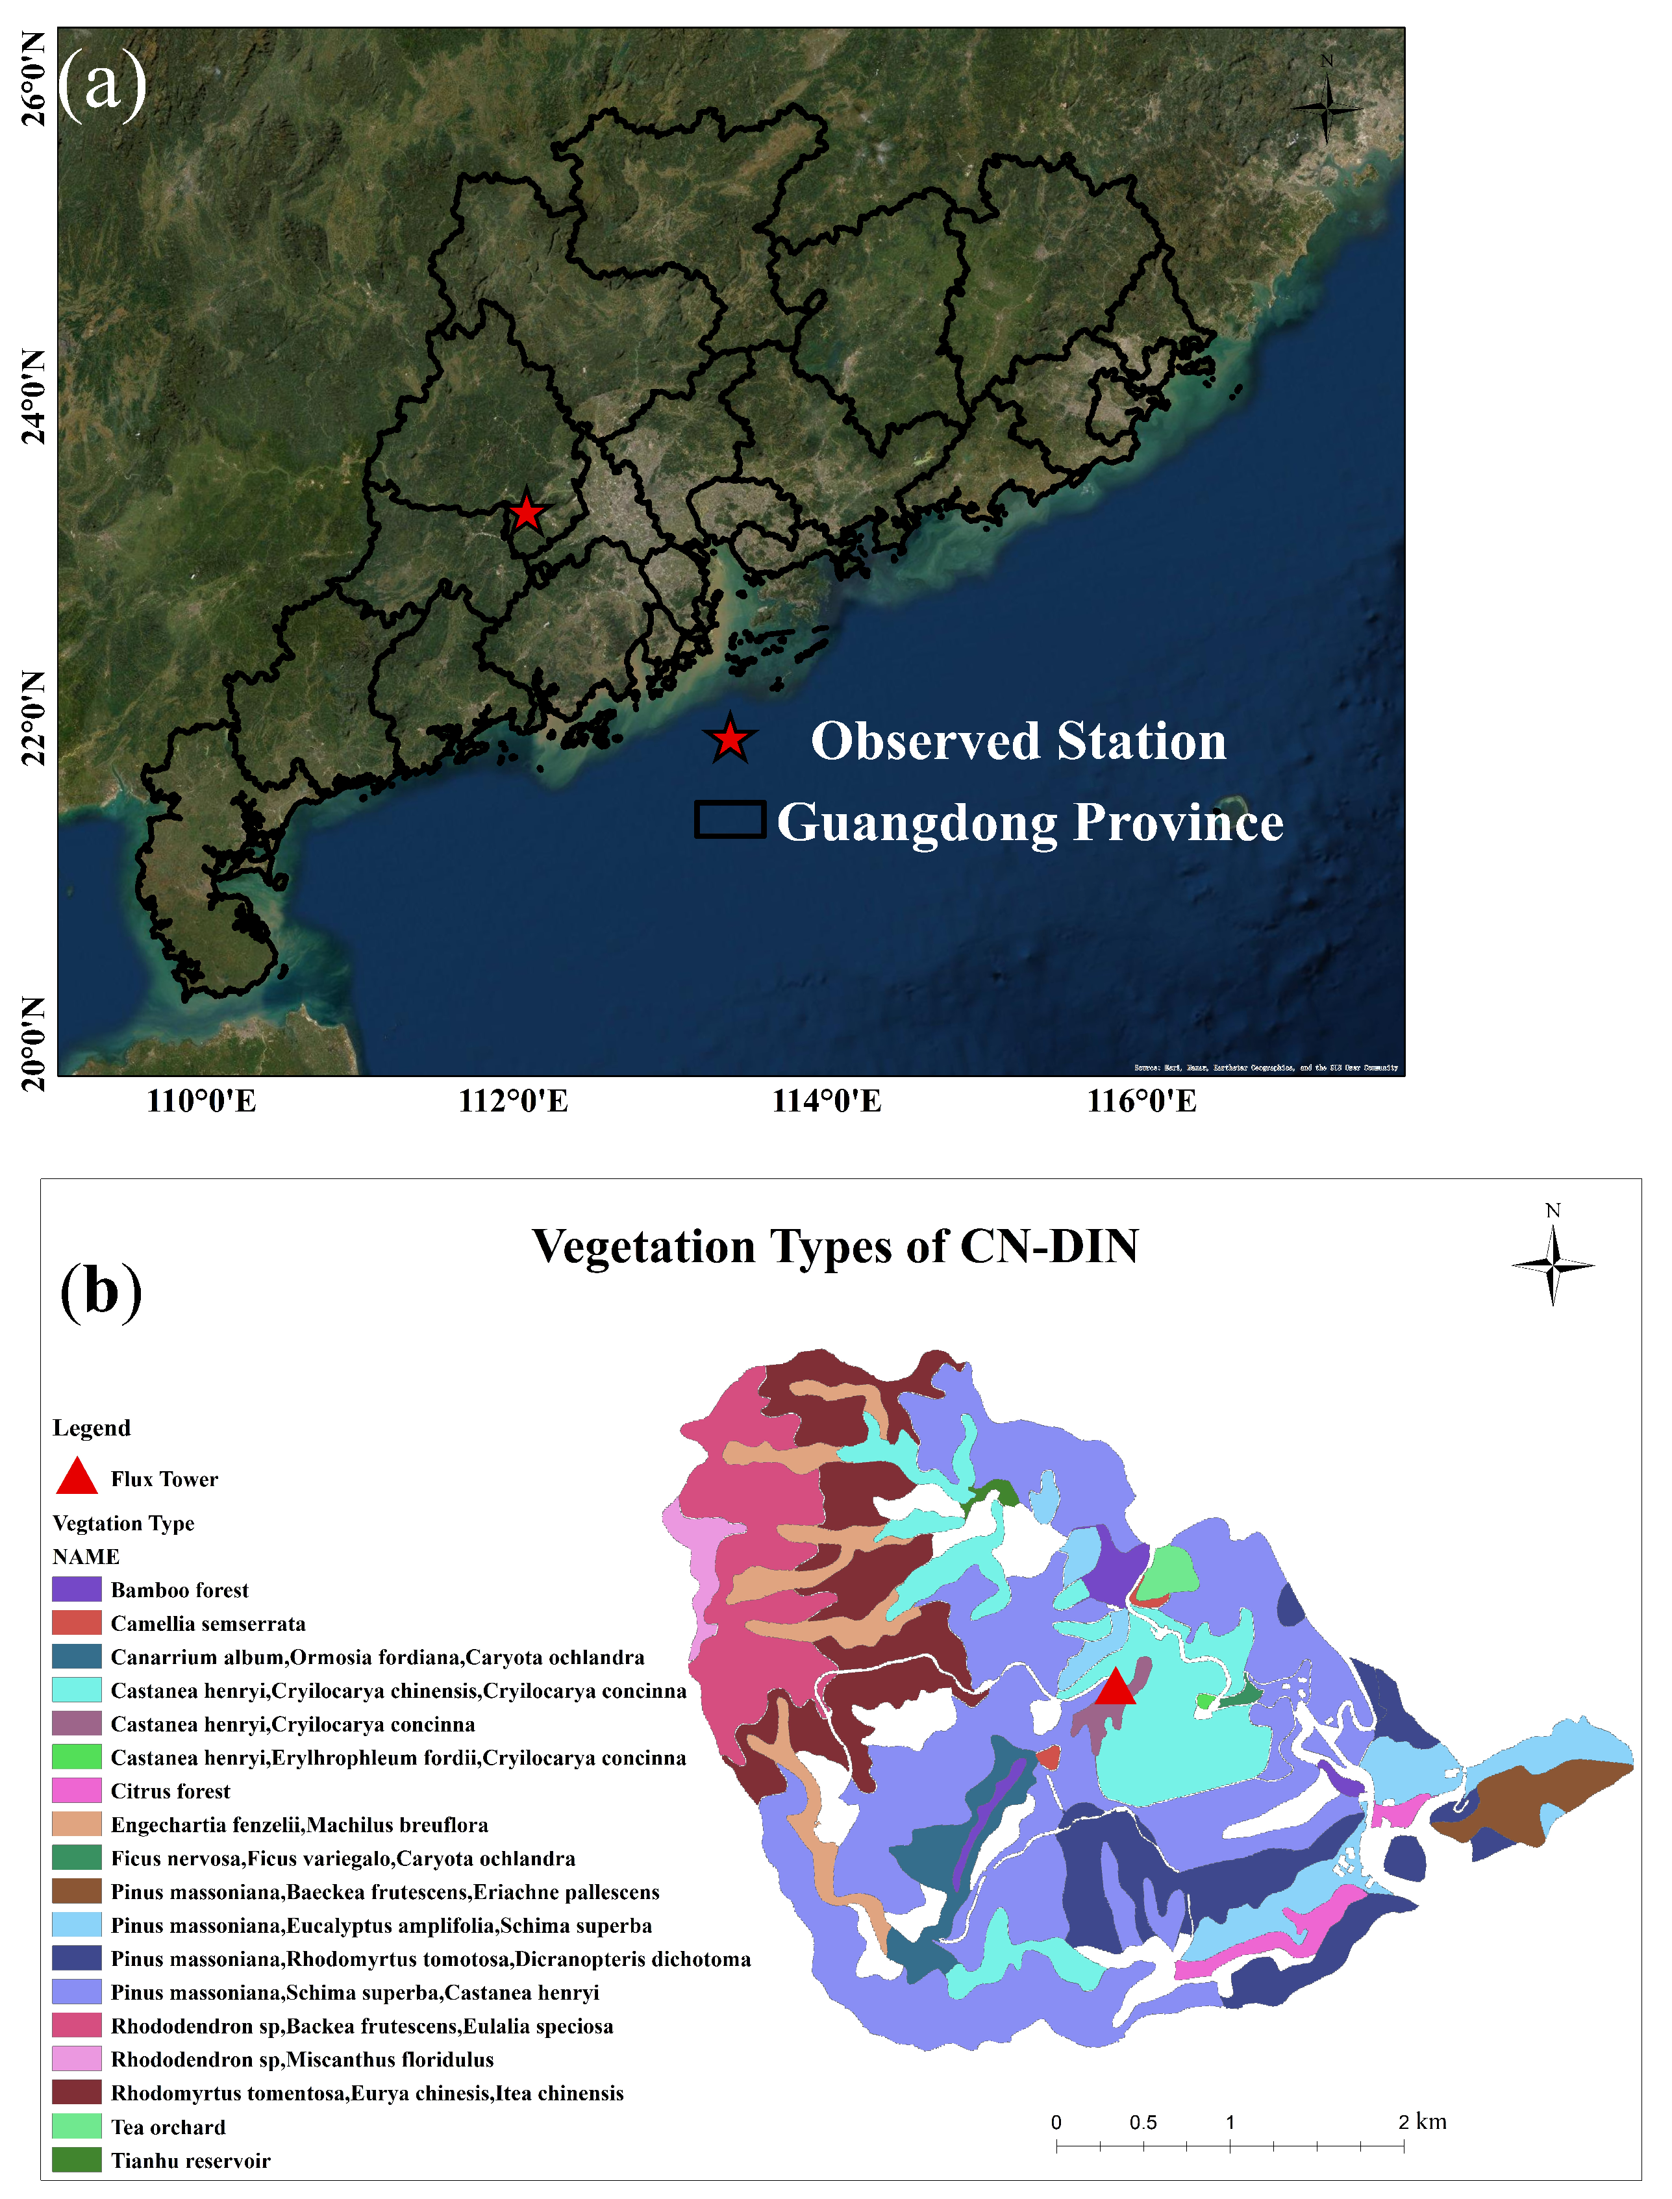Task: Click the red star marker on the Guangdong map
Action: [x=525, y=512]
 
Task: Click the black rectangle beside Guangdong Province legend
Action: [x=729, y=819]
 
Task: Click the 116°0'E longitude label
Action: [x=1142, y=1100]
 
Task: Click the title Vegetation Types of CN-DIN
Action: [x=835, y=1246]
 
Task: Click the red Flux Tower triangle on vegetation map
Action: [x=1115, y=1687]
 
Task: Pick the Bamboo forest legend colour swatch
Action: [x=77, y=1589]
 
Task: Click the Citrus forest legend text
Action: [x=170, y=1791]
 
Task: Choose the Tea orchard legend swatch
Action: [x=77, y=2126]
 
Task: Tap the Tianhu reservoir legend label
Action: [x=190, y=2160]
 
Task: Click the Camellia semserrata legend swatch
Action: [x=77, y=1623]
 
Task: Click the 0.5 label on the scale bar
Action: [x=1143, y=2122]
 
